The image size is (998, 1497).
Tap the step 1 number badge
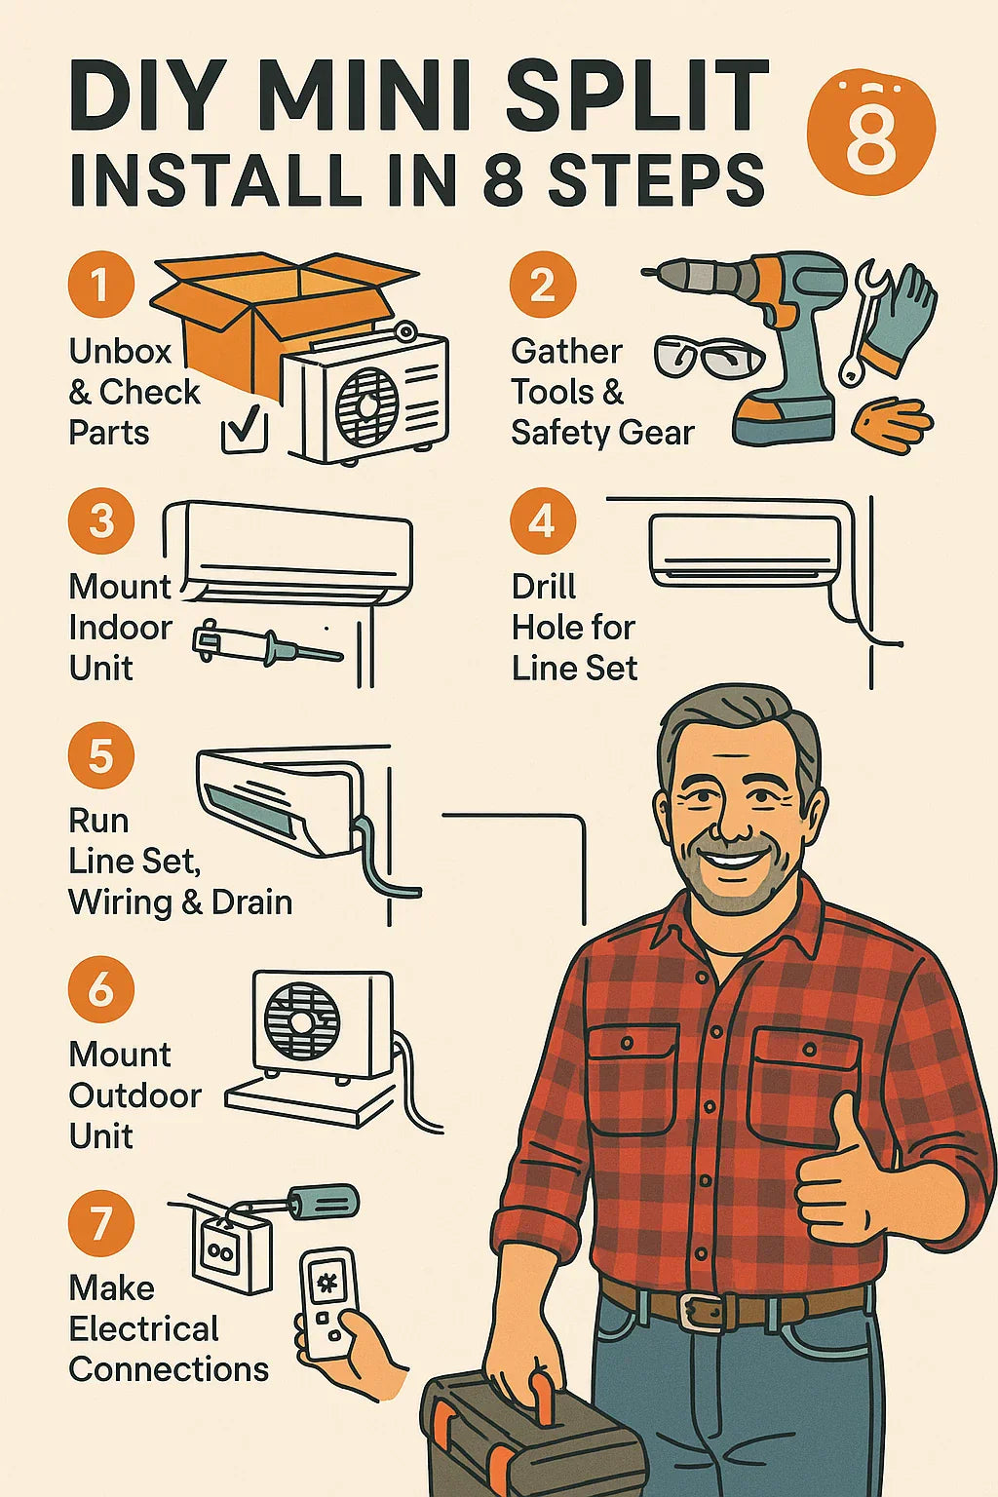point(101,284)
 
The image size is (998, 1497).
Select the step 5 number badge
point(101,755)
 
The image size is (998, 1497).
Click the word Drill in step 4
point(544,587)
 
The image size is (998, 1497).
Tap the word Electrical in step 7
point(143,1328)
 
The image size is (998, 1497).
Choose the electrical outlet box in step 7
point(231,1248)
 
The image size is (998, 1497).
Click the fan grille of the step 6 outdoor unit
point(302,1020)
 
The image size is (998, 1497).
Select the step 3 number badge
point(101,521)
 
